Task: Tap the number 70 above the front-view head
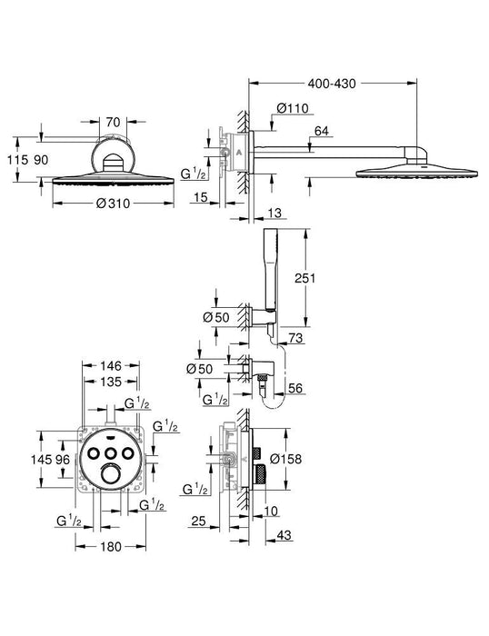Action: pyautogui.click(x=112, y=120)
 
